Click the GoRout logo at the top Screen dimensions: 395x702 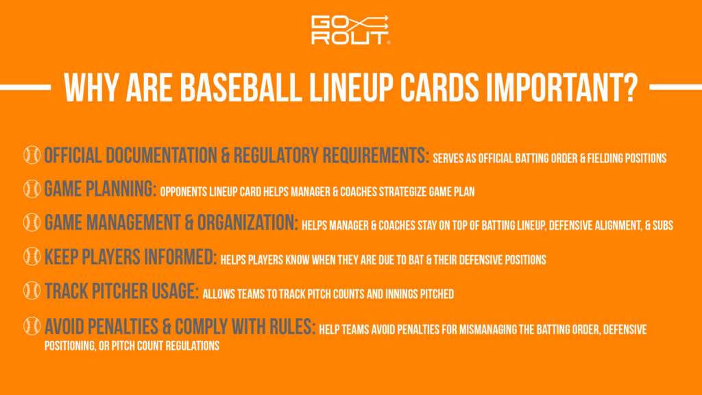pos(350,30)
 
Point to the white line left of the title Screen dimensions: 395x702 pos(26,87)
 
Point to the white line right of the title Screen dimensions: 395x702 pos(675,87)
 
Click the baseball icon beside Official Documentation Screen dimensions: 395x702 pos(32,156)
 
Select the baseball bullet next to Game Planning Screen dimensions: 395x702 pos(32,189)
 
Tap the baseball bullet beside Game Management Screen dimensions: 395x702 pos(32,223)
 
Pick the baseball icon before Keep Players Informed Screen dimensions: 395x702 pos(32,257)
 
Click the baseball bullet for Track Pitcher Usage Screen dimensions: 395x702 pos(32,291)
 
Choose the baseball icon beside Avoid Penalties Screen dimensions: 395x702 pos(32,326)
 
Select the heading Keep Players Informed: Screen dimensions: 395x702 pos(131,257)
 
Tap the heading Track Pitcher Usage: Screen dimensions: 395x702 pos(122,291)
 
